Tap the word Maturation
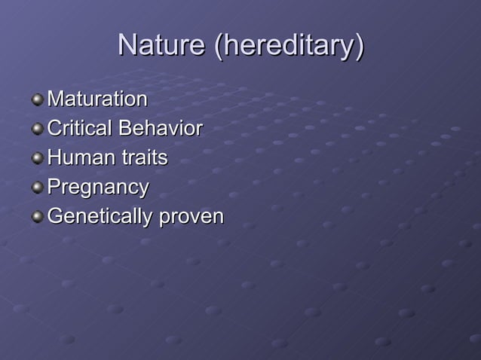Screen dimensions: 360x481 97,99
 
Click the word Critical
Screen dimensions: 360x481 79,128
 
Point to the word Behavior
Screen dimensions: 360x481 160,128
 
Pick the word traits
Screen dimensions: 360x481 145,157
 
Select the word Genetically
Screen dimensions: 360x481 100,217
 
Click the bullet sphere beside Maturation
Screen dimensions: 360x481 38,99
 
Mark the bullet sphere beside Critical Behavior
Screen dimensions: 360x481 38,128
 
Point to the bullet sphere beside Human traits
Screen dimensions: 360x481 38,158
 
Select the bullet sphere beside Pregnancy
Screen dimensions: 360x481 38,188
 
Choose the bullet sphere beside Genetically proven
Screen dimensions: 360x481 38,217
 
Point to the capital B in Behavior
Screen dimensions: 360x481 124,128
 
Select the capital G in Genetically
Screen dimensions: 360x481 55,217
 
